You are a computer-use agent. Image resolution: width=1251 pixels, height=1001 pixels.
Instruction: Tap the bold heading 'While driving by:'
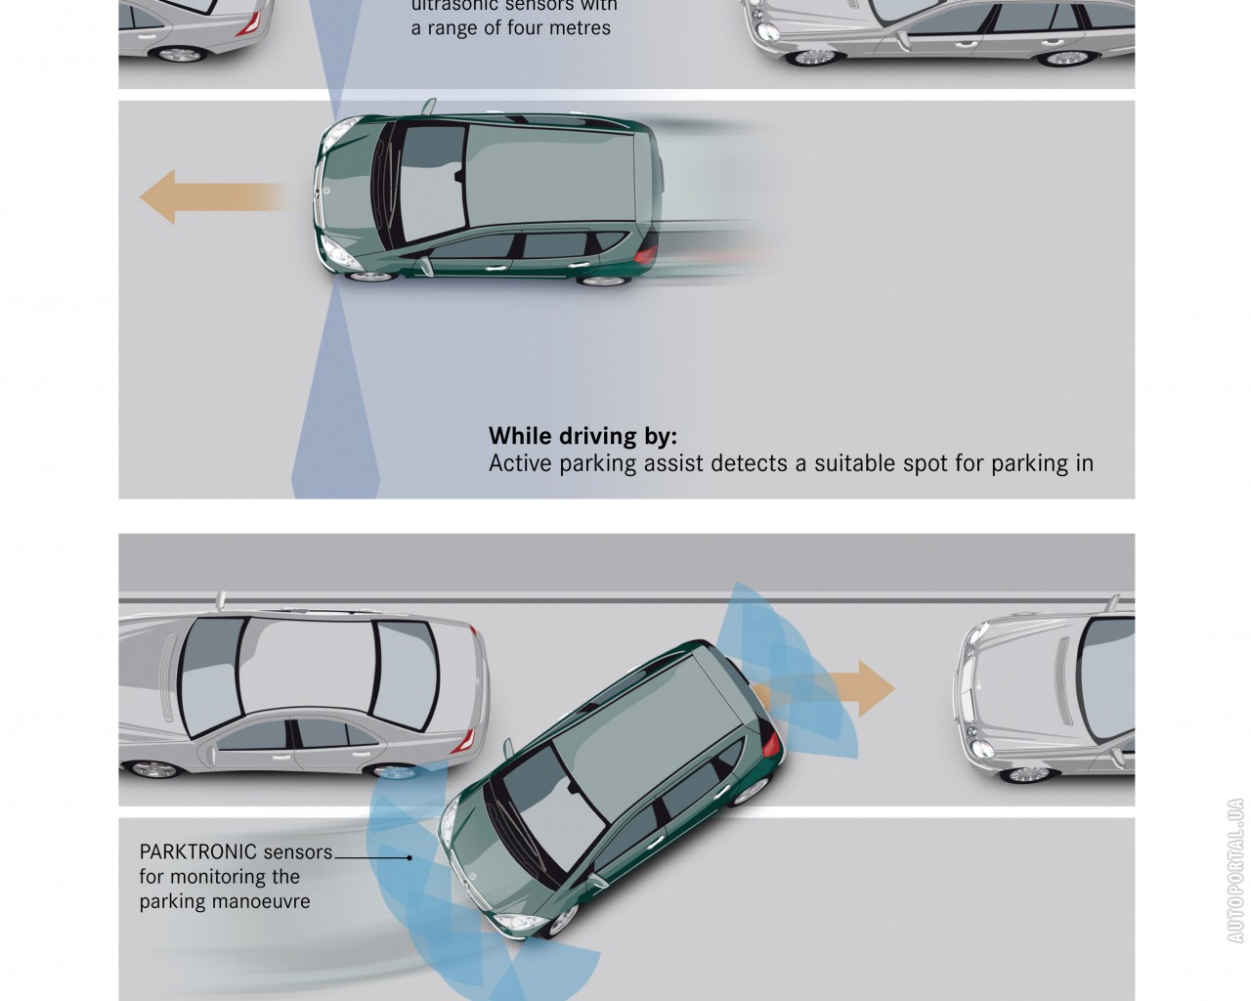click(x=582, y=436)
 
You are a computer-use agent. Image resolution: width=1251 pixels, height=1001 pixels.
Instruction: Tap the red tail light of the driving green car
click(x=646, y=254)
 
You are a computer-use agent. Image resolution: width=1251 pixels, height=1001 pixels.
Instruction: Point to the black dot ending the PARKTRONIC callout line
click(x=410, y=857)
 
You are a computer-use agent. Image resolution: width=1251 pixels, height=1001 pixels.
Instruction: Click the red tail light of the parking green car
click(x=772, y=745)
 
